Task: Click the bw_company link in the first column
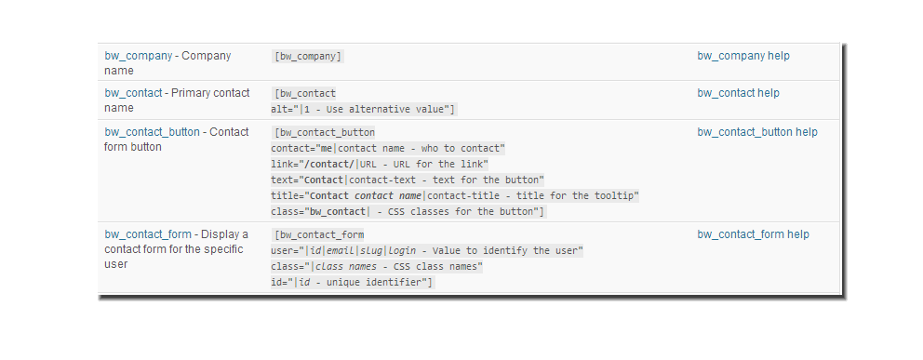pos(139,56)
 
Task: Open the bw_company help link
pos(743,56)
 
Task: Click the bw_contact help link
pos(738,93)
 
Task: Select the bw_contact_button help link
pos(757,132)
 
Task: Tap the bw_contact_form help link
pos(754,234)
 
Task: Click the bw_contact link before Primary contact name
pos(133,93)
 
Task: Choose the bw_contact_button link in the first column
pos(152,132)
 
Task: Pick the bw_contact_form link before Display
pos(148,234)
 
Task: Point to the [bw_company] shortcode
pos(307,57)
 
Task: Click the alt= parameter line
pos(363,110)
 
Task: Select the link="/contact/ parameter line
pos(380,164)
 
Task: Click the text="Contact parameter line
pos(408,180)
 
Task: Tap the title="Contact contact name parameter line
pos(455,196)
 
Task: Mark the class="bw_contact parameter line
pos(408,212)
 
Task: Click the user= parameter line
pos(427,251)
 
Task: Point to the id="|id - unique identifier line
pos(352,283)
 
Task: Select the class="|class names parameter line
pos(377,267)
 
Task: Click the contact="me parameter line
pos(388,148)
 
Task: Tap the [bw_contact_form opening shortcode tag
pos(319,235)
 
